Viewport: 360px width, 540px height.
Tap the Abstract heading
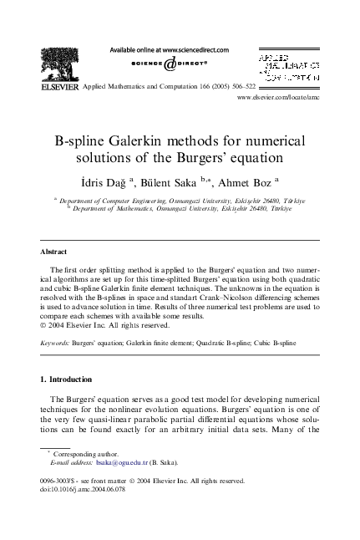click(55, 251)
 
